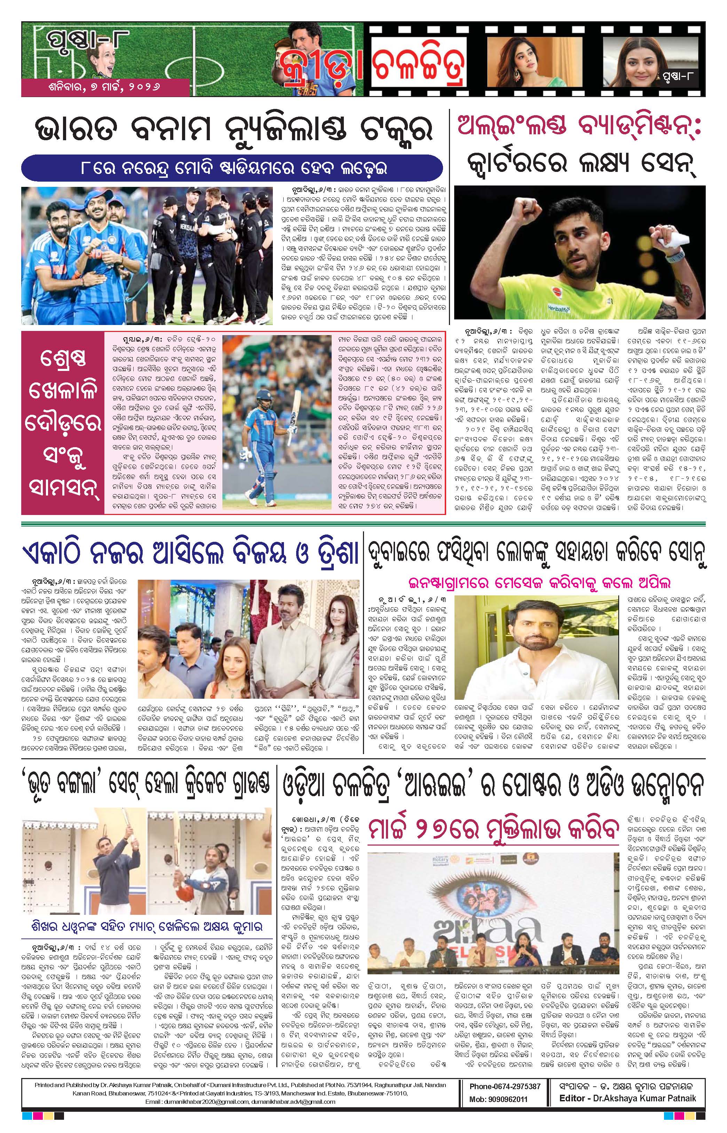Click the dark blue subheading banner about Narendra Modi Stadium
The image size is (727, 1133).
232,168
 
